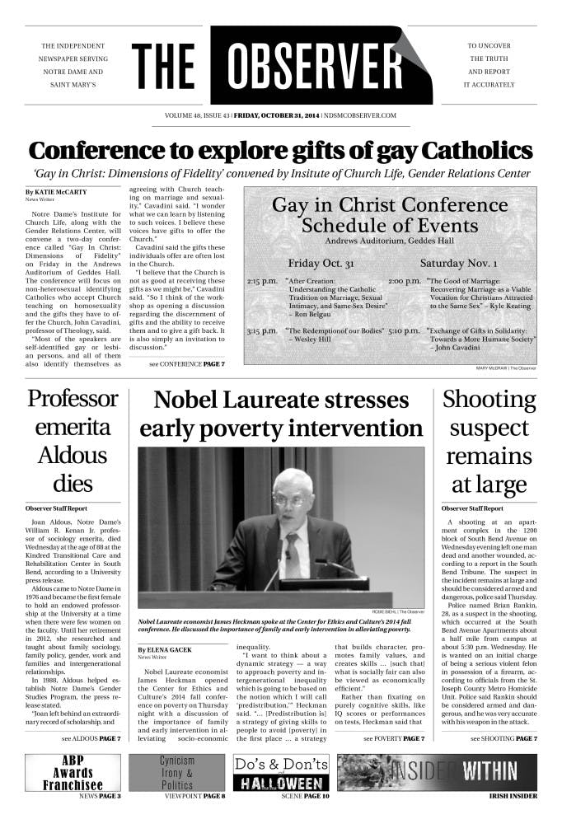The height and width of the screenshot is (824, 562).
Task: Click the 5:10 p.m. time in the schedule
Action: click(x=405, y=330)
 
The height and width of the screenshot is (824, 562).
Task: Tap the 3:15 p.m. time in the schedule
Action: click(x=263, y=330)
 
